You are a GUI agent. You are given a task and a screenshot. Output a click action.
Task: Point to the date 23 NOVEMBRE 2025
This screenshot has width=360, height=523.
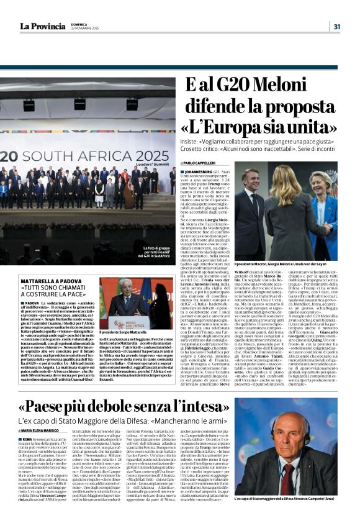86,29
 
